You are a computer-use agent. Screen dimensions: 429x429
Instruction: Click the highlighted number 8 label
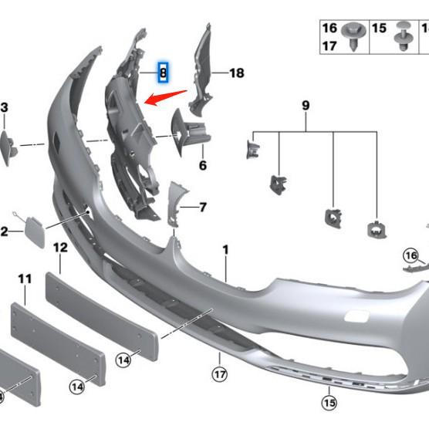tap(163, 73)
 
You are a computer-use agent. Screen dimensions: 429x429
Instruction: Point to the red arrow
tap(165, 97)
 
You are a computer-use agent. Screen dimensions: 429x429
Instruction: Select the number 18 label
tap(236, 73)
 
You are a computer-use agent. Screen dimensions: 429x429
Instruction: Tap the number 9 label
tap(306, 104)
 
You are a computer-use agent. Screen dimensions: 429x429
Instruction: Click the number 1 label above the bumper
tap(226, 249)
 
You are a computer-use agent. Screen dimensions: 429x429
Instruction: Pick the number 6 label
tap(203, 165)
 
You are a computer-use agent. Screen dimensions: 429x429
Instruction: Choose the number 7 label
tap(203, 207)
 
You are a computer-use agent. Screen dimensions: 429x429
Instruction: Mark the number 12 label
tap(60, 248)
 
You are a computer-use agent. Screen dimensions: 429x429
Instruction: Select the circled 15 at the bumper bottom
tap(329, 402)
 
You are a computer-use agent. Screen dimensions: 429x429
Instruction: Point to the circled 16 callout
tap(412, 256)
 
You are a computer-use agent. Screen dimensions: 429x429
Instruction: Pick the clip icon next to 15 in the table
tap(402, 35)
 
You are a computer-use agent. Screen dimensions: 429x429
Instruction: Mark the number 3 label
tap(4, 108)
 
